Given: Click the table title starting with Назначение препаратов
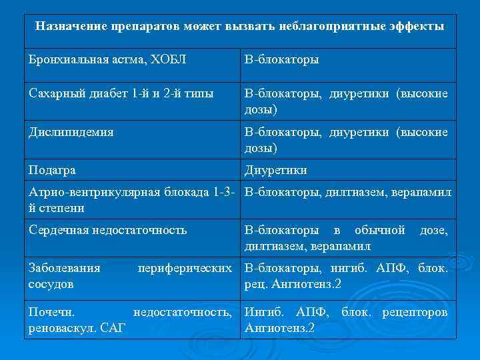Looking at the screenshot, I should click(x=240, y=27).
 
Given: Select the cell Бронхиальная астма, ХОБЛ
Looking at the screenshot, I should click(x=107, y=59).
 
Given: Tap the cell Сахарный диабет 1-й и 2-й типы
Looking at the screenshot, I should click(x=121, y=94).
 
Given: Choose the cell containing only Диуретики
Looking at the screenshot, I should click(x=276, y=170).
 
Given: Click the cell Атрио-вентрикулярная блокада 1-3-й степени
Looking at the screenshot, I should click(x=131, y=200).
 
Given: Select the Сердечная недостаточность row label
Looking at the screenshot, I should click(x=107, y=231).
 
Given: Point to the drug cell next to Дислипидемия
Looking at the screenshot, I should click(x=346, y=139).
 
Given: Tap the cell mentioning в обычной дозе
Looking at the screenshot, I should click(x=346, y=238).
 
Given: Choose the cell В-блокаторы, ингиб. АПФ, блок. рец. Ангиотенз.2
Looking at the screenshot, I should click(x=346, y=276).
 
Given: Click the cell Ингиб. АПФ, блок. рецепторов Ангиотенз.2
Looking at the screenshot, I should click(x=346, y=319).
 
